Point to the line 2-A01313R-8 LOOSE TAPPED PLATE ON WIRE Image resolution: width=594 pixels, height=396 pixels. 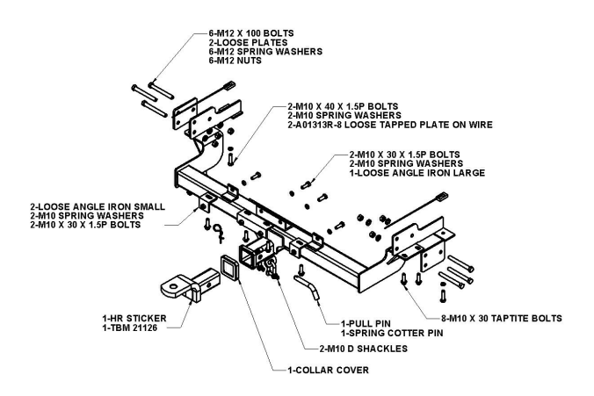point(373,125)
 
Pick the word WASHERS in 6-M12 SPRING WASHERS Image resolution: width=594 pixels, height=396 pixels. point(294,51)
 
